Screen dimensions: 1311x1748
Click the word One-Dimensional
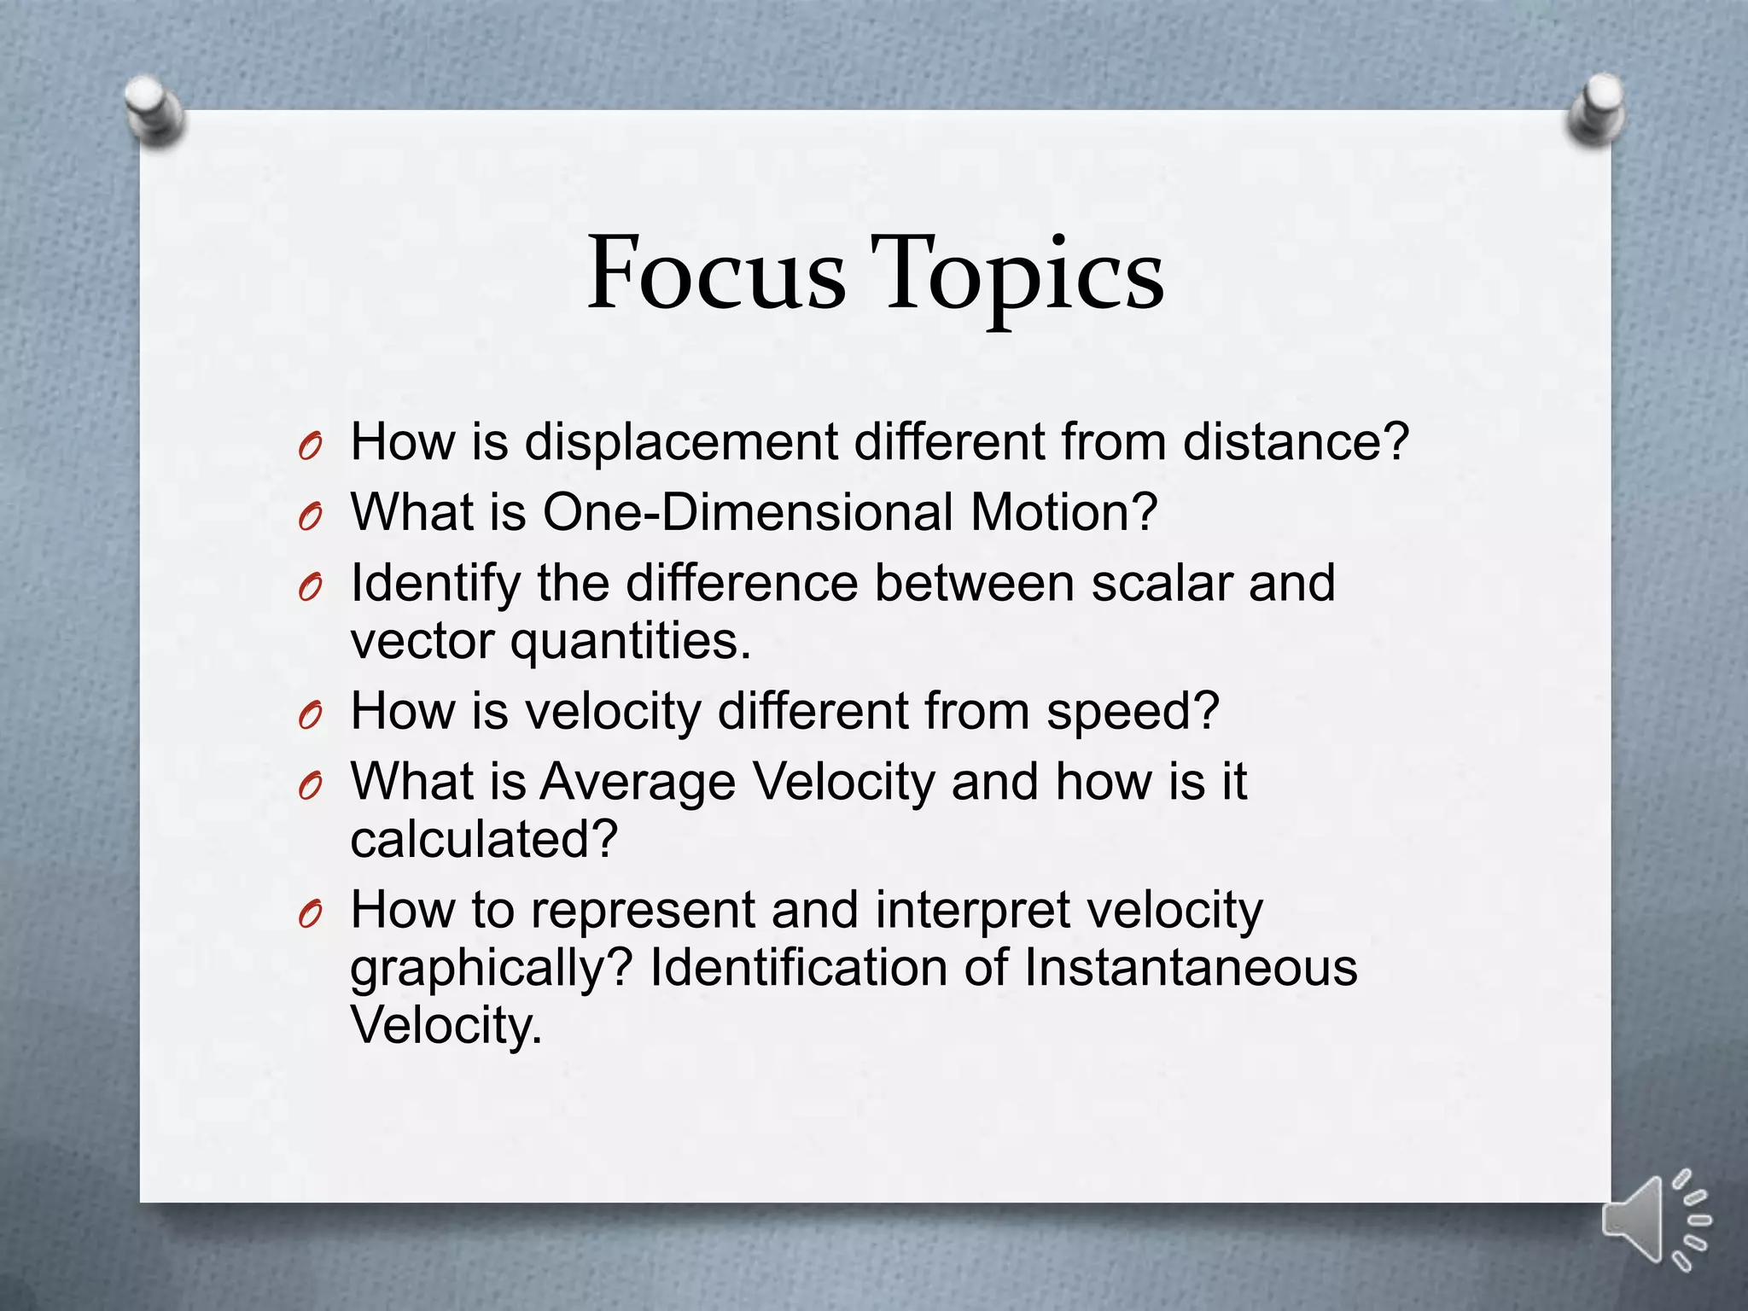[748, 513]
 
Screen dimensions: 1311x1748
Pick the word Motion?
[1063, 513]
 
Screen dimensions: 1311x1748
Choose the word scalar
[1161, 584]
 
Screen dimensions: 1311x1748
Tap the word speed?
[1133, 711]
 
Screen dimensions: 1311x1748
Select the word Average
[638, 782]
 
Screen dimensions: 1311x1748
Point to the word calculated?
[483, 840]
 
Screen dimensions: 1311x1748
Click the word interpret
[972, 910]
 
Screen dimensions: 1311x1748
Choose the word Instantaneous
[1190, 968]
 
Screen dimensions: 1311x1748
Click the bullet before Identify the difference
[311, 588]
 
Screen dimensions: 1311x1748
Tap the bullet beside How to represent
[311, 915]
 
